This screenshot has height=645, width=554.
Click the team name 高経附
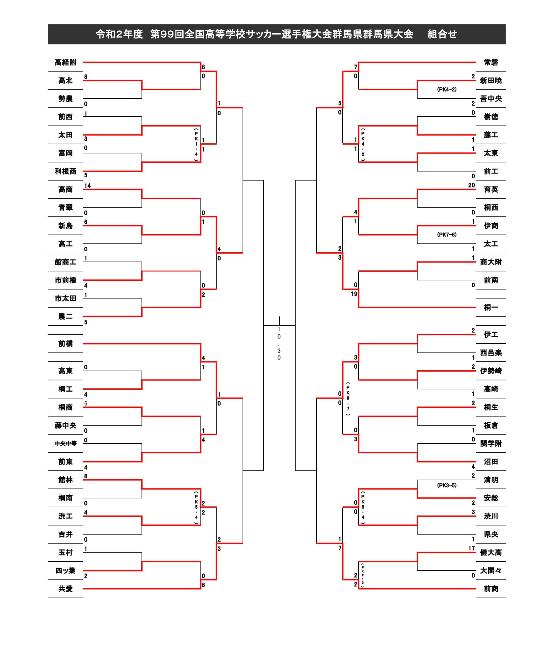66,62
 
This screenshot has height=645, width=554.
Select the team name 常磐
491,62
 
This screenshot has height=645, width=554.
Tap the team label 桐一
491,307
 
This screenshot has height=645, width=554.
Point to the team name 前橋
66,344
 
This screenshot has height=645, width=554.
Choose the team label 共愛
66,589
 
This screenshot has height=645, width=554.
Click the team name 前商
491,589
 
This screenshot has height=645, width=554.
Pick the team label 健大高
491,552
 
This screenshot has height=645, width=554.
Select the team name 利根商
66,171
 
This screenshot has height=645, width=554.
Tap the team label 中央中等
66,443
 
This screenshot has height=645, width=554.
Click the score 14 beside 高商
87,185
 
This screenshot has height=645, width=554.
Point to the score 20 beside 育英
471,185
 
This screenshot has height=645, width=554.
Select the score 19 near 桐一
354,294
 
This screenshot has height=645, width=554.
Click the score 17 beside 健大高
471,548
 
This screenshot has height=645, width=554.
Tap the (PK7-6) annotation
447,235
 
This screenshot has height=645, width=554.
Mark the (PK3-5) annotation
447,485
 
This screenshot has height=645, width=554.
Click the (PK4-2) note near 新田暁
447,89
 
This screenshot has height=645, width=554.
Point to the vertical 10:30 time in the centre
279,343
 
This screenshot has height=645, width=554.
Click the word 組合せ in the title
442,34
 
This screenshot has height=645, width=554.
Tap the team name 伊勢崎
491,371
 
